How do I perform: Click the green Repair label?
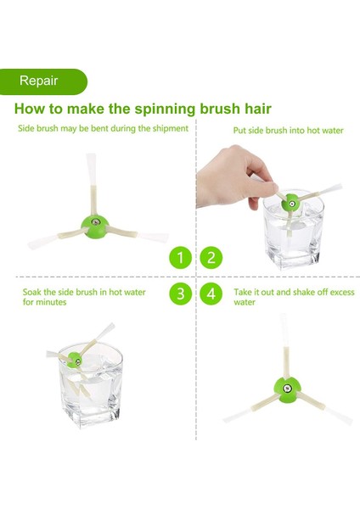(x=43, y=81)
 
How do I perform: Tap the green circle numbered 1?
(x=181, y=258)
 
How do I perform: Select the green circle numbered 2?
(x=211, y=258)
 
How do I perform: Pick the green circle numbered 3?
(x=181, y=294)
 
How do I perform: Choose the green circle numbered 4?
(x=211, y=294)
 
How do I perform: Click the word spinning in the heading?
(x=165, y=109)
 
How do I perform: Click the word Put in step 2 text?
(x=239, y=131)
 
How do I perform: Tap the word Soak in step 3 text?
(x=32, y=292)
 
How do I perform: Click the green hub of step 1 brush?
(x=95, y=224)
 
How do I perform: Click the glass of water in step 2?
(x=293, y=231)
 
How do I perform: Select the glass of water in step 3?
(x=91, y=386)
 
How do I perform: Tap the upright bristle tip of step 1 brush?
(x=91, y=155)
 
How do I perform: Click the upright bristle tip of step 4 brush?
(x=284, y=316)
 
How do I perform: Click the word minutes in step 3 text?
(x=51, y=302)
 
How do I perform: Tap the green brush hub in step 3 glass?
(x=75, y=361)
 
